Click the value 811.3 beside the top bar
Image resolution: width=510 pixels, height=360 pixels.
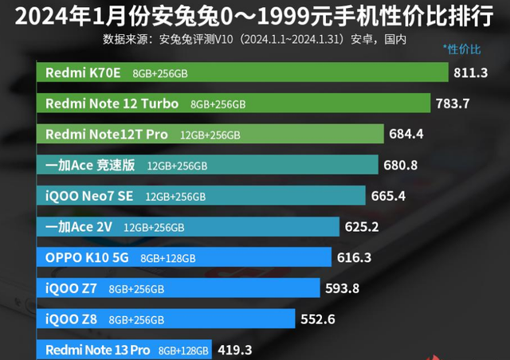tap(470, 73)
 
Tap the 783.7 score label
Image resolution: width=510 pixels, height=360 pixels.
tap(452, 104)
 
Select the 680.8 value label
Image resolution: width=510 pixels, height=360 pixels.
tap(401, 165)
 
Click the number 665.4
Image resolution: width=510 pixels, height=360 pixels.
tap(388, 196)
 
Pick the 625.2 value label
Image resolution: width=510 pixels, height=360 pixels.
tap(361, 226)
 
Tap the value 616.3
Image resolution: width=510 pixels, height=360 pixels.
tap(354, 257)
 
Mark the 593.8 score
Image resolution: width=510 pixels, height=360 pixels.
tap(342, 288)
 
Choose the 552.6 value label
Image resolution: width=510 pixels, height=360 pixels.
tap(318, 319)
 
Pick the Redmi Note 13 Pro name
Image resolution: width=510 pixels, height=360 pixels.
tap(98, 350)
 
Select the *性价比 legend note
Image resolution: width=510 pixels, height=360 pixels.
tap(461, 50)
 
